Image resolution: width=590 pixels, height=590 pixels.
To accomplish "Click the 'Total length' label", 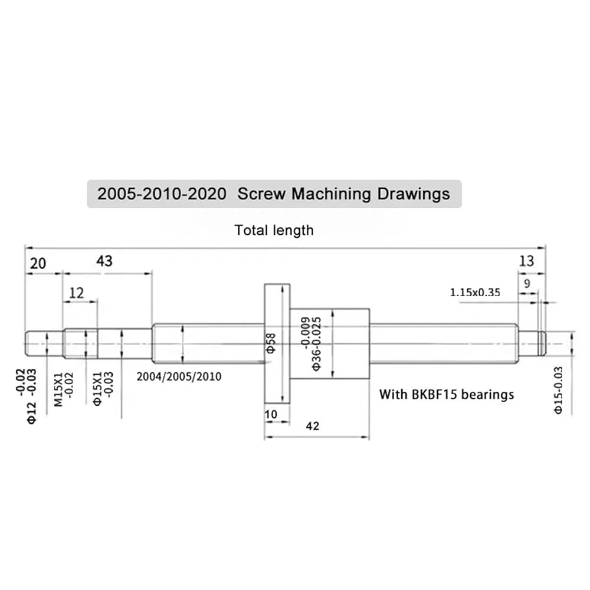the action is tap(274, 230).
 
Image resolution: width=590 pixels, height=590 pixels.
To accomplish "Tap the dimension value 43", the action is tap(104, 261).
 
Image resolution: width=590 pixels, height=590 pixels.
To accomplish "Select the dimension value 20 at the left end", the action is tap(38, 263).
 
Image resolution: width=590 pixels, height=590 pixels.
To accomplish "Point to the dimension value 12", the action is tap(76, 293).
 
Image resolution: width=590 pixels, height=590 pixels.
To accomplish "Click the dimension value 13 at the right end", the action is tap(526, 261).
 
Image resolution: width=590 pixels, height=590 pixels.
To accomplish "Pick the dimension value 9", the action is tap(527, 283).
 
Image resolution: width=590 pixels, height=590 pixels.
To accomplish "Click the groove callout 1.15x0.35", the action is tap(475, 293).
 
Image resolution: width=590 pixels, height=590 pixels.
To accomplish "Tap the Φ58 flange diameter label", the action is tap(271, 343).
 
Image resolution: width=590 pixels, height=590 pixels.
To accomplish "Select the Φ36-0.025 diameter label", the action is tap(317, 343).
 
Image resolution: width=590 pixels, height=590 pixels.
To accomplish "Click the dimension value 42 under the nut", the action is tap(313, 426).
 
